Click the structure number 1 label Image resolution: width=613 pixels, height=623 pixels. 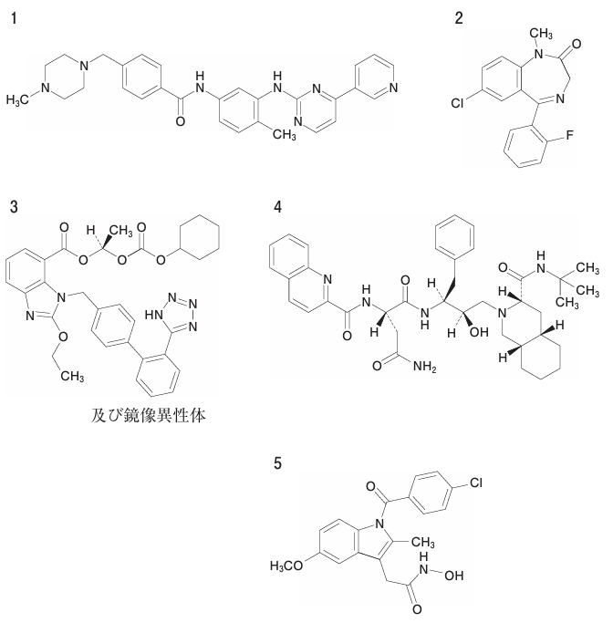click(x=15, y=18)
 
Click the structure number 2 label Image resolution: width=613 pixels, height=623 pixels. click(x=459, y=18)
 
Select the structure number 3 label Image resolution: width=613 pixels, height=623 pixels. click(x=15, y=207)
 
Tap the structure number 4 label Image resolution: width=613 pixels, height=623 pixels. click(x=277, y=207)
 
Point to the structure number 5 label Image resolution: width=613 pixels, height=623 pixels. click(x=277, y=463)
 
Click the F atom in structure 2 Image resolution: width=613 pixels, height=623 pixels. click(x=570, y=136)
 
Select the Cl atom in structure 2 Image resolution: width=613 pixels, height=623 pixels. click(x=457, y=103)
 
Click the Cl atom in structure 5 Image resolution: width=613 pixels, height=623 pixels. click(x=476, y=483)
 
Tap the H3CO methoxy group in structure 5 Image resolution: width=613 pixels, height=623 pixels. click(x=286, y=566)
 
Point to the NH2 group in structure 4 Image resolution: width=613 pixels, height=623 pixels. click(x=425, y=366)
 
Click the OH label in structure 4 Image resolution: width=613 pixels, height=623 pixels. click(x=479, y=332)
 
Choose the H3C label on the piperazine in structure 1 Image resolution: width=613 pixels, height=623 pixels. click(x=17, y=99)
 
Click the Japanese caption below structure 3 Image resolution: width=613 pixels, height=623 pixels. click(x=149, y=416)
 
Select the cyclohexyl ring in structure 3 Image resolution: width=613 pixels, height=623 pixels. click(x=200, y=238)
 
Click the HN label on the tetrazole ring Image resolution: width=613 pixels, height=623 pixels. click(x=154, y=315)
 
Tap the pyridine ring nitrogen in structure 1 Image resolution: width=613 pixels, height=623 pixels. click(x=394, y=88)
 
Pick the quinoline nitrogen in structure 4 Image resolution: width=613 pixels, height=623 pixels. click(x=327, y=279)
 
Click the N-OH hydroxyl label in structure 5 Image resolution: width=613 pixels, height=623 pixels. click(x=454, y=576)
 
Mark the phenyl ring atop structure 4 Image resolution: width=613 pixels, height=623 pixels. click(x=455, y=237)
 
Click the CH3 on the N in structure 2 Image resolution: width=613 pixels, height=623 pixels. click(x=541, y=34)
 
